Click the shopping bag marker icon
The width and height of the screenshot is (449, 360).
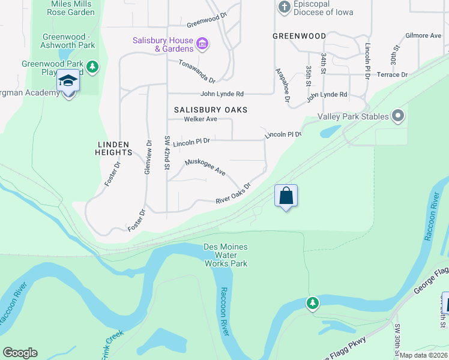click(286, 196)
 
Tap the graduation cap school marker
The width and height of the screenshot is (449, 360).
click(68, 82)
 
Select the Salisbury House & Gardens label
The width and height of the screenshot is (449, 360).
click(163, 44)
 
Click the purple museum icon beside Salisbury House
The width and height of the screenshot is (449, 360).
click(202, 43)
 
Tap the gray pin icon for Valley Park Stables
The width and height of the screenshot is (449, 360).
click(397, 116)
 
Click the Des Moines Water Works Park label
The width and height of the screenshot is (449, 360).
click(226, 255)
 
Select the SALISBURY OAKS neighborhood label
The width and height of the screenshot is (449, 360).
click(211, 110)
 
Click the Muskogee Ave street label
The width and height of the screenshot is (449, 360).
click(205, 167)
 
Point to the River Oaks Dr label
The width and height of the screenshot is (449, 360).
click(233, 193)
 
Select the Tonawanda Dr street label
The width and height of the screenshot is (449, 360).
click(196, 71)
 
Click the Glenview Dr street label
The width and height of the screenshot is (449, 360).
click(148, 157)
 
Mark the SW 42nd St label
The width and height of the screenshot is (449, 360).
click(166, 152)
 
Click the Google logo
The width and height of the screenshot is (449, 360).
click(20, 353)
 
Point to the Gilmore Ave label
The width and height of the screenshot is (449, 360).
click(423, 36)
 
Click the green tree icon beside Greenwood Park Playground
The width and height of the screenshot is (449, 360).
click(92, 66)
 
